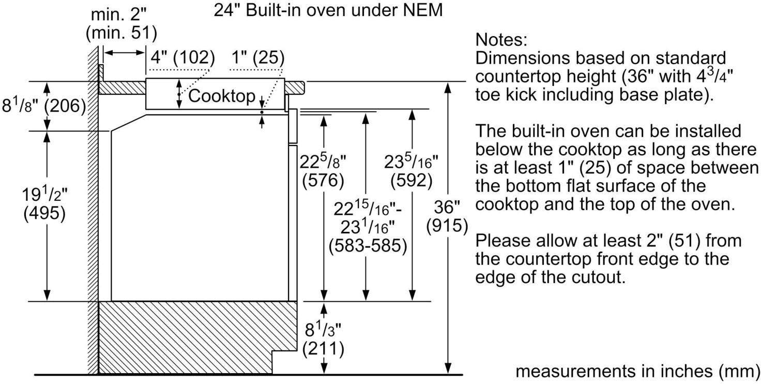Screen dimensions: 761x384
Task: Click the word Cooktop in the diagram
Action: (221, 96)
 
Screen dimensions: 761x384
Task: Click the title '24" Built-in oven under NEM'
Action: (328, 10)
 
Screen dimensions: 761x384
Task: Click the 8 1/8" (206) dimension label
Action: (44, 106)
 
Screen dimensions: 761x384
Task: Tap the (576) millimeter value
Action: (323, 180)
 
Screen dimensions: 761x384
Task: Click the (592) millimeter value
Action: (412, 180)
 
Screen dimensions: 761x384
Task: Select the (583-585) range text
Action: (368, 246)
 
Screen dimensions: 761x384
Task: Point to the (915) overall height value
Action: (447, 226)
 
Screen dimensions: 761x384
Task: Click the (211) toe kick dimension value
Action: (323, 349)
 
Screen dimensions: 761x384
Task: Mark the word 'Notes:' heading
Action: (501, 40)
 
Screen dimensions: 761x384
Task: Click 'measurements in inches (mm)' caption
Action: (637, 371)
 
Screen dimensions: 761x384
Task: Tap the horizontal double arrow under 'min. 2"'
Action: (124, 52)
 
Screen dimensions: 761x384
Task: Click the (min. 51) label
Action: (121, 33)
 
